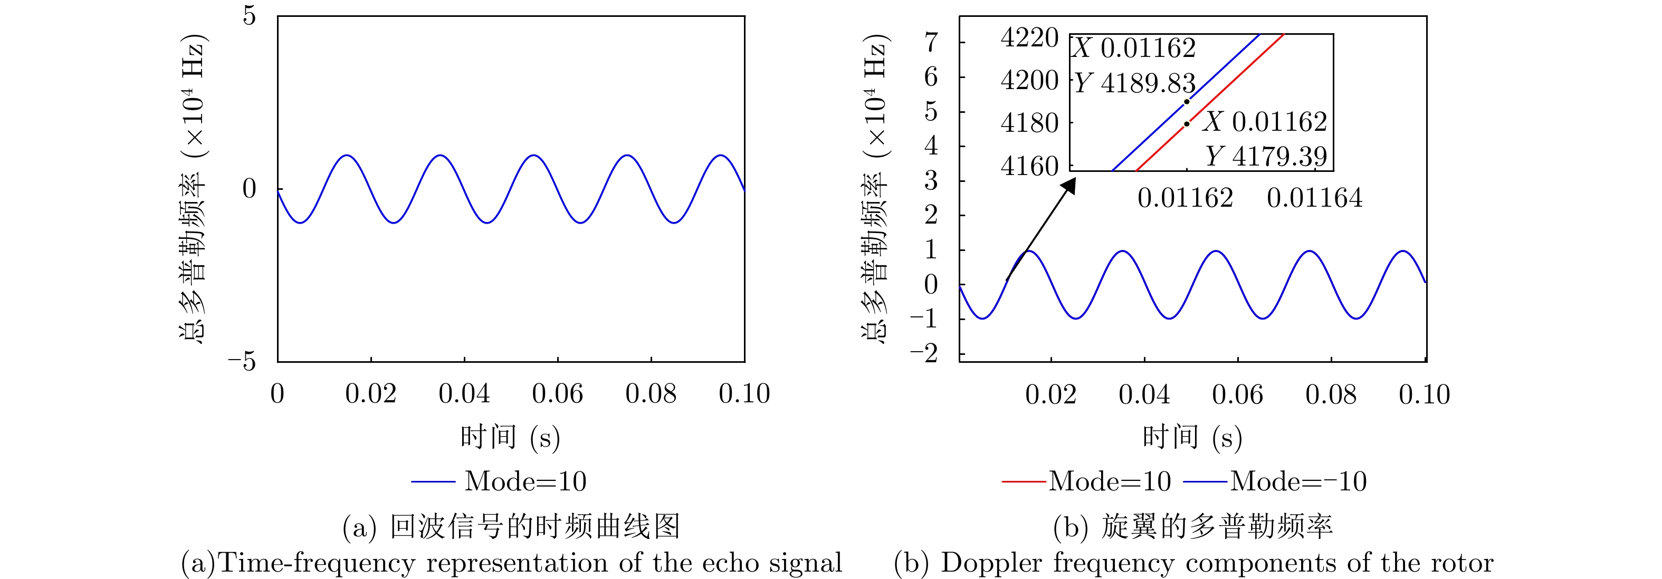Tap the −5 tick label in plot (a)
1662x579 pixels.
[242, 362]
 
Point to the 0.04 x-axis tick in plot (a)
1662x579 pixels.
[464, 394]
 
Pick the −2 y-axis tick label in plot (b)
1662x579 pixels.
[924, 353]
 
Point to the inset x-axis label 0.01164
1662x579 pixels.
[1314, 198]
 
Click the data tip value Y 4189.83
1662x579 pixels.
[1135, 83]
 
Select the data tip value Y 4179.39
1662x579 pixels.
[1266, 156]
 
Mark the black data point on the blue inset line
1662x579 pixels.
[1187, 102]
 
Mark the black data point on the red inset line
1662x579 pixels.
[1187, 124]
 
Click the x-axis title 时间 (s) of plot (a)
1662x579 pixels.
[510, 438]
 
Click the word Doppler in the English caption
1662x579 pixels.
[991, 563]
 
